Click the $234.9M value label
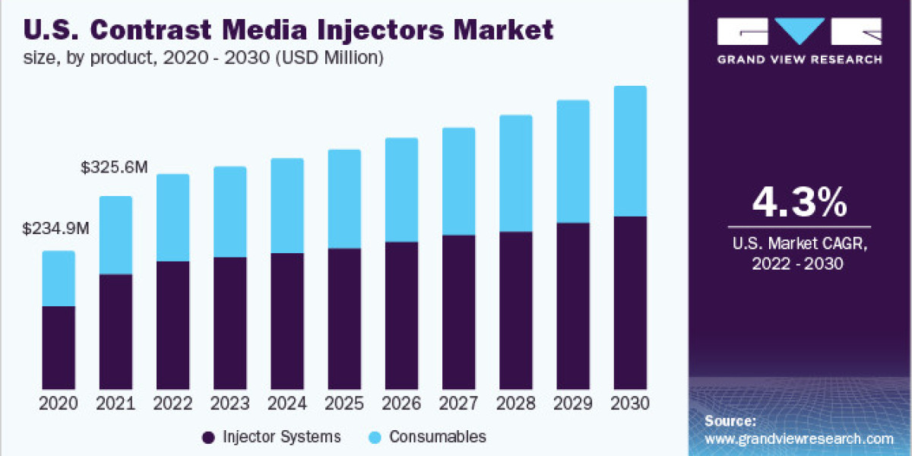[55, 227]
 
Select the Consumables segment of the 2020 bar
[59, 278]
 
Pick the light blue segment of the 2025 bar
[344, 198]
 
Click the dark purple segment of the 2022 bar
[173, 325]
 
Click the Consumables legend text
[437, 437]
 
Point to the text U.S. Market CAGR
[799, 244]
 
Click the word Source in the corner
[730, 420]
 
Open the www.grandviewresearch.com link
[799, 439]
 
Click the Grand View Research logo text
[800, 59]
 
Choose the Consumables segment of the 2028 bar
[516, 173]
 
